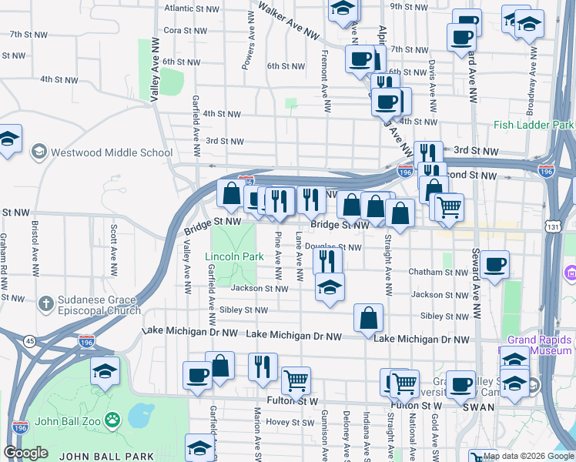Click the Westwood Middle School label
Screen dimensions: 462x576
(111, 152)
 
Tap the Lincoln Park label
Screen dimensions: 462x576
(229, 256)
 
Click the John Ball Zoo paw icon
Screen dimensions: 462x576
(112, 420)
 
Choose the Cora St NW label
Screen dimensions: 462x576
(186, 31)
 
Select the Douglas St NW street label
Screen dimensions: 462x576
(333, 247)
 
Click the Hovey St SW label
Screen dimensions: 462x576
(287, 422)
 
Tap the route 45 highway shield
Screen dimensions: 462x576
(29, 340)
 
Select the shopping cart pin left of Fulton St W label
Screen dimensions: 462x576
(296, 380)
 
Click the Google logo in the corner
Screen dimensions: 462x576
(25, 453)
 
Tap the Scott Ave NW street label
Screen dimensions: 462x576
(114, 251)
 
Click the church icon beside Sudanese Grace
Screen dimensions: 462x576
(46, 305)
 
